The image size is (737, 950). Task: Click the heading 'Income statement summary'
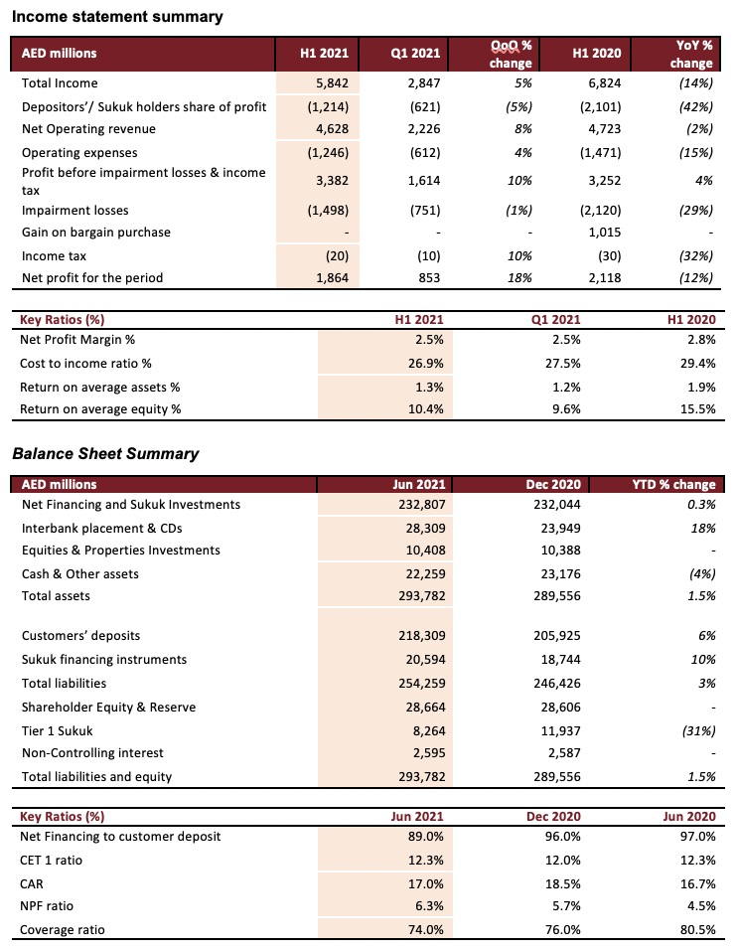click(x=117, y=17)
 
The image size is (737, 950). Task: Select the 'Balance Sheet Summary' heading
click(x=105, y=454)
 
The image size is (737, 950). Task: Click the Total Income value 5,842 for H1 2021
click(x=332, y=83)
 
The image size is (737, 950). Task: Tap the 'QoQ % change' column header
click(x=511, y=54)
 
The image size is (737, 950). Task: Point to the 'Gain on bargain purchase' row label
click(x=96, y=233)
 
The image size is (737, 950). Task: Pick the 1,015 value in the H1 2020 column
click(x=604, y=233)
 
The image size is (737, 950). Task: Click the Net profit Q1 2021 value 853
click(x=429, y=278)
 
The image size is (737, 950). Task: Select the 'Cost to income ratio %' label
click(x=86, y=364)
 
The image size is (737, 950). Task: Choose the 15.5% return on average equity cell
click(x=697, y=409)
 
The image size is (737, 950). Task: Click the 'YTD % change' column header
click(x=674, y=485)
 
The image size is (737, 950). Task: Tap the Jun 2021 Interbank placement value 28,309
click(x=425, y=529)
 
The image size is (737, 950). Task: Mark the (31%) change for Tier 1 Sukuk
click(x=699, y=731)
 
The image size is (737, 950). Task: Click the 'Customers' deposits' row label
click(x=81, y=636)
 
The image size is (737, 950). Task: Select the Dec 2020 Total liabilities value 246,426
click(x=557, y=684)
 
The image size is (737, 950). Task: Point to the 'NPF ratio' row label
click(x=47, y=906)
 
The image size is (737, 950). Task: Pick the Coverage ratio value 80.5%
click(x=697, y=930)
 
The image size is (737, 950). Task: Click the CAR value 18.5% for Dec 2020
click(x=562, y=884)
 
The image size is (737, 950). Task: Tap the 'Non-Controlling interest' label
click(x=92, y=753)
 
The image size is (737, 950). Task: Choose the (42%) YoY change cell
click(x=696, y=107)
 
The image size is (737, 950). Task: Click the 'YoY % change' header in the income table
click(x=691, y=54)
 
